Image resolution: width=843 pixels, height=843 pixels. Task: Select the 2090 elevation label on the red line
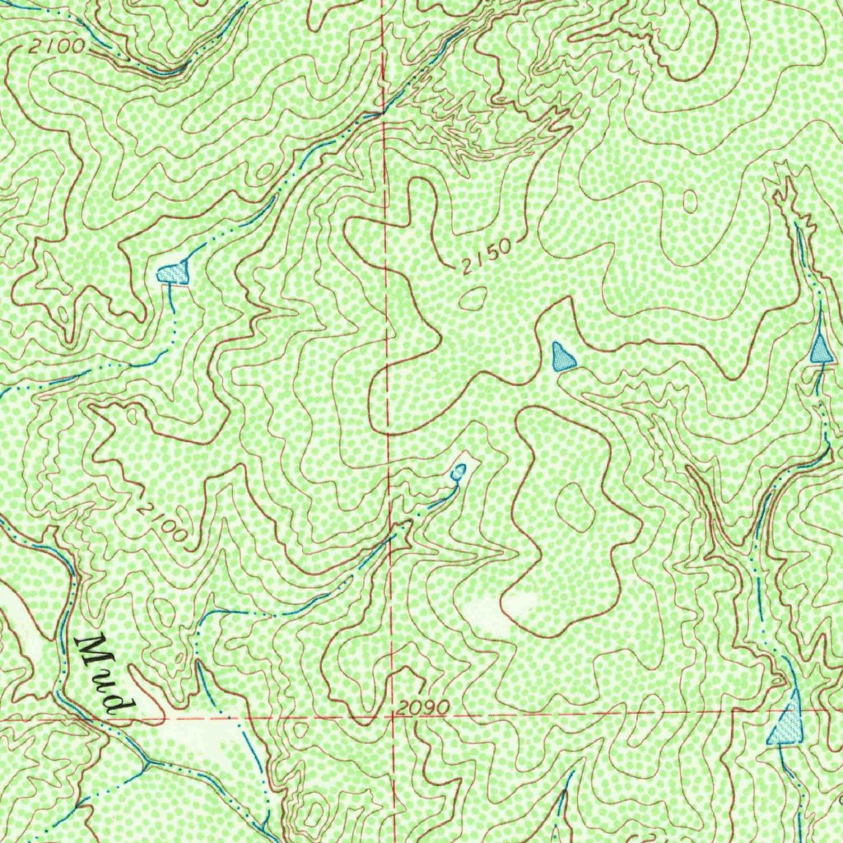(421, 707)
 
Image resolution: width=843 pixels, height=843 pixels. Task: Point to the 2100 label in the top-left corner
(56, 47)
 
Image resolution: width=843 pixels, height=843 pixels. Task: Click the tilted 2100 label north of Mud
(163, 521)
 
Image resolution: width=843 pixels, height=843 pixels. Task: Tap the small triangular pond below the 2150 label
(562, 357)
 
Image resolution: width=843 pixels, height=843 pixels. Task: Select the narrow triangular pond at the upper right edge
(820, 347)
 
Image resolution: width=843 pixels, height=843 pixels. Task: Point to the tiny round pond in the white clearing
(459, 472)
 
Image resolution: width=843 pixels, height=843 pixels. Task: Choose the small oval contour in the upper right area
(690, 201)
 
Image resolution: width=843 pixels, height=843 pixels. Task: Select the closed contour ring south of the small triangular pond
(574, 506)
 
